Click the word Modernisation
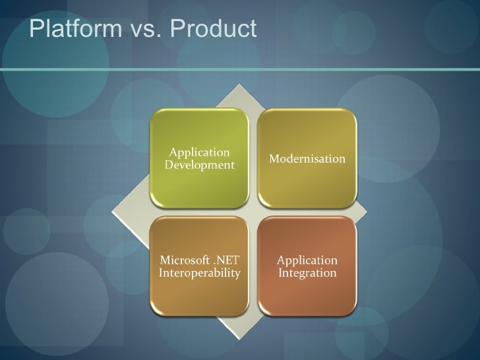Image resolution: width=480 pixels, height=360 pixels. pyautogui.click(x=307, y=160)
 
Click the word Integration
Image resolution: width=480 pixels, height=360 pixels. pyautogui.click(x=307, y=272)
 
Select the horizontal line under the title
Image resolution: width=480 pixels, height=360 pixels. pyautogui.click(x=240, y=67)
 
